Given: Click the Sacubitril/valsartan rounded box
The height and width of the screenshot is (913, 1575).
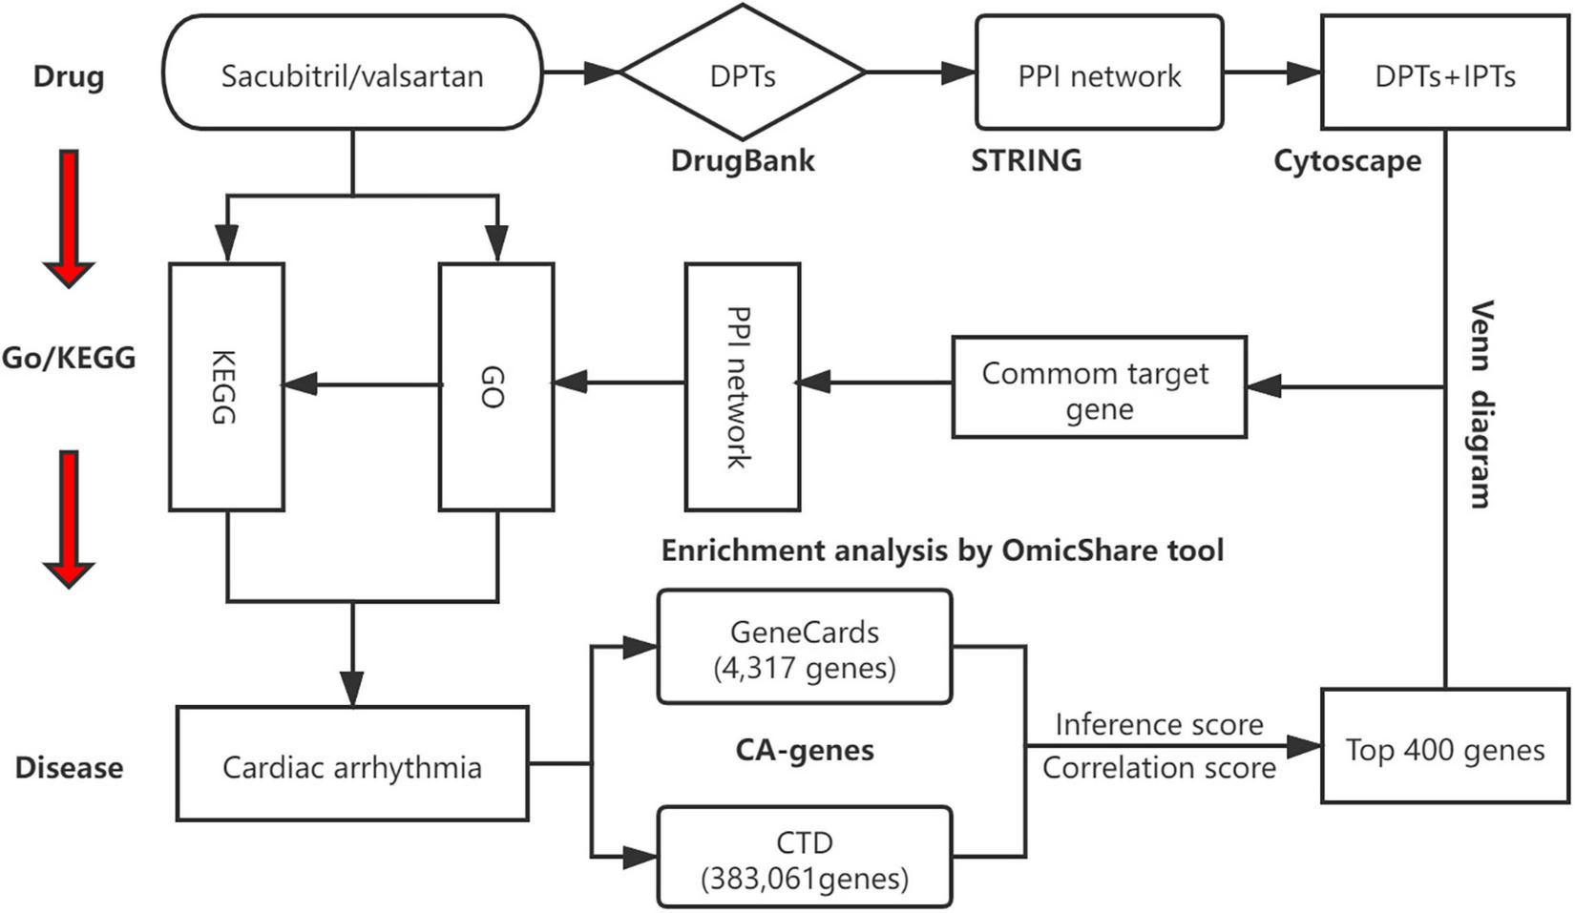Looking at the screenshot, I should click(352, 74).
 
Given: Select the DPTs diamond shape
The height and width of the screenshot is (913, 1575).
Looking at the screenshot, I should click(743, 73).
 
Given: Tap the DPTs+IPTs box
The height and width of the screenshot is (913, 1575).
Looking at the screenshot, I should click(1444, 74).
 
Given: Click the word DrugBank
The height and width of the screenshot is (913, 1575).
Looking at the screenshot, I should click(743, 160).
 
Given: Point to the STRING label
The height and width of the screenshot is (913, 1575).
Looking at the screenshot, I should click(1026, 160).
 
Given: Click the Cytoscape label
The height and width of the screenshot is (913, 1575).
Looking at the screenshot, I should click(1347, 160).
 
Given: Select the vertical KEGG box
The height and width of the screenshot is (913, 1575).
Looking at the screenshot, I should click(226, 386).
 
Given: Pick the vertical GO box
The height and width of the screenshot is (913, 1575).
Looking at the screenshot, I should click(495, 386).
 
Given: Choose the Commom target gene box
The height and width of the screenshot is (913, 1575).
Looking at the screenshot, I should click(1099, 388).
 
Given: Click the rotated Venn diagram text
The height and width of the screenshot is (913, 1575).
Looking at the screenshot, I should click(1480, 404).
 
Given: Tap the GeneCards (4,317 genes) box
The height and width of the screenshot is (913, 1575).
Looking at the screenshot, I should click(805, 648).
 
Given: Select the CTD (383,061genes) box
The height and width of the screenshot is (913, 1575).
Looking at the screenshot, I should click(805, 858).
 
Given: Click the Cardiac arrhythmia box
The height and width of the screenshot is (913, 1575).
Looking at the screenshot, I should click(352, 765).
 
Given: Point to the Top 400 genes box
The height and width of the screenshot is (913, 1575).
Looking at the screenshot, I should click(1444, 748).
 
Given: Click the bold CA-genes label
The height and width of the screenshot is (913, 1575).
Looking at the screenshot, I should click(805, 750).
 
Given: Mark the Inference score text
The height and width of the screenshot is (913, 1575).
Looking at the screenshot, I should click(1159, 724).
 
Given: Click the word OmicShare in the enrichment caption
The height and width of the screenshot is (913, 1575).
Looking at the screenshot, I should click(1068, 550).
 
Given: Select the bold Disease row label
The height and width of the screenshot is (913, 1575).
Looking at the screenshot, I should click(69, 767).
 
